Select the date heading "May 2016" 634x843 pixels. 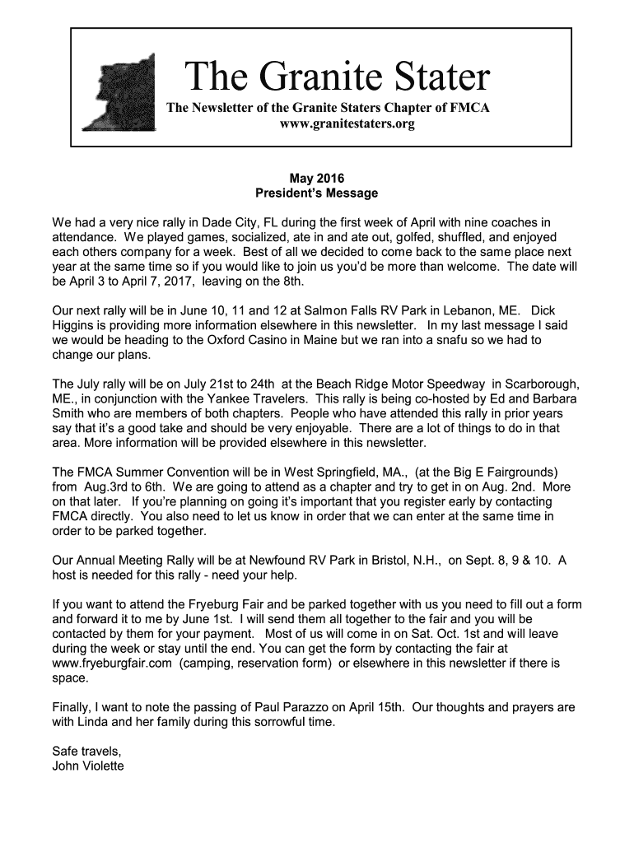(316, 178)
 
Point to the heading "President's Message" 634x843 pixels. (317, 193)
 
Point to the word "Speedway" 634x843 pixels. (456, 384)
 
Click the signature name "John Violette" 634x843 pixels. (88, 766)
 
